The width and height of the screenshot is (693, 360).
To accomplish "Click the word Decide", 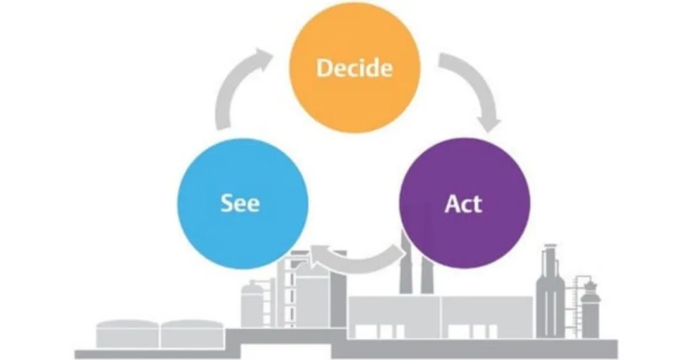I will coord(354,67).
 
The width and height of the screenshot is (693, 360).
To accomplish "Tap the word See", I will coord(240,203).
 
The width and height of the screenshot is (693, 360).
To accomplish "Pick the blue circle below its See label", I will coord(241,241).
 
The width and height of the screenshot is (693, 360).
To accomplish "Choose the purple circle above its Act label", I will coord(463,167).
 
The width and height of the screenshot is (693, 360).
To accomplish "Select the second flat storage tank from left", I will coord(192,334).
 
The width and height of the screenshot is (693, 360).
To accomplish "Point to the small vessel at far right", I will coord(588,308).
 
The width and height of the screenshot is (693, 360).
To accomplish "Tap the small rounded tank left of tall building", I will coord(252,305).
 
